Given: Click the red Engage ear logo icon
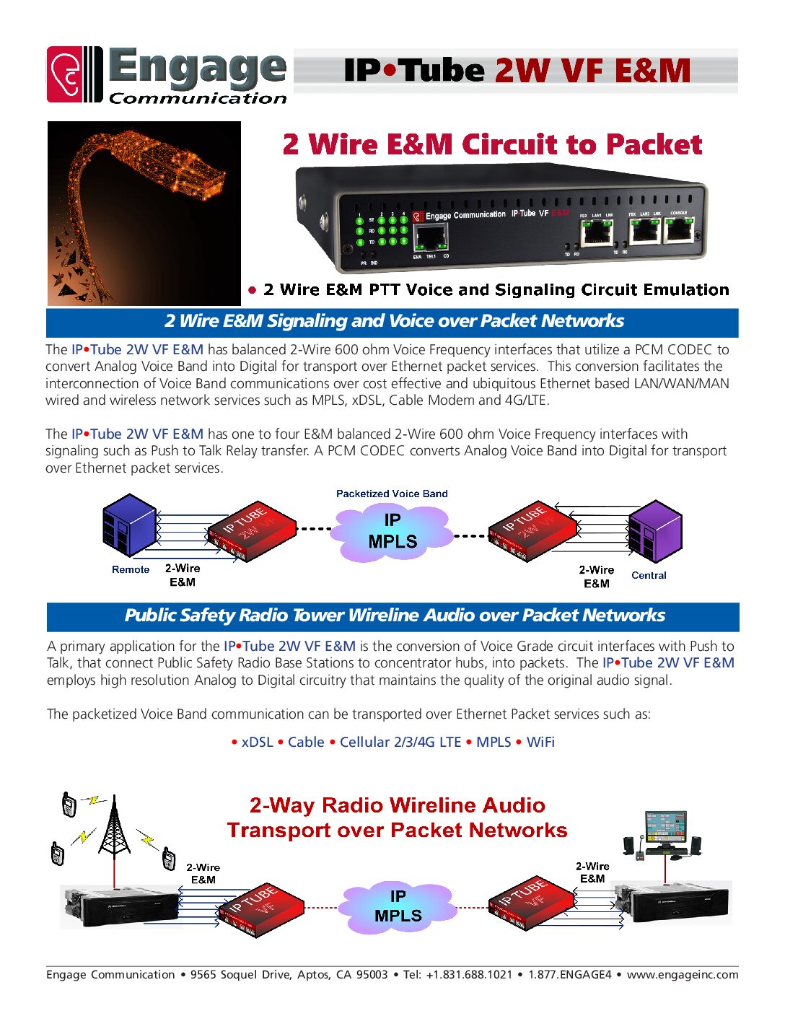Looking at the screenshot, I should [65, 74].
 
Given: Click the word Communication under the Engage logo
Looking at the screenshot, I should [198, 99].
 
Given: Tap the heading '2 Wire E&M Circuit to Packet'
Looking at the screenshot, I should [492, 144].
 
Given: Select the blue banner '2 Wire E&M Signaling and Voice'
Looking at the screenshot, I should [393, 322].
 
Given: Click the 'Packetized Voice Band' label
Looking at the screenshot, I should [392, 494].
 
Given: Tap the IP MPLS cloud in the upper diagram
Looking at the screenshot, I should [392, 532].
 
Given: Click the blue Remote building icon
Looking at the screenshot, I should [129, 525].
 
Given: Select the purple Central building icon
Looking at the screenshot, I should [654, 532].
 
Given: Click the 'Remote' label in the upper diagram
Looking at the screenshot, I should [131, 569].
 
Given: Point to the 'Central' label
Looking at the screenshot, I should [649, 575].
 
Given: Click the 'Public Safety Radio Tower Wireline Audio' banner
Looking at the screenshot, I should [394, 616].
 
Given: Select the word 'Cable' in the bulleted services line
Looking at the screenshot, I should [306, 742].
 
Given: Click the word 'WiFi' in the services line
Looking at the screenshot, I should [540, 742].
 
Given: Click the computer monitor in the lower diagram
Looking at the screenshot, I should [665, 828].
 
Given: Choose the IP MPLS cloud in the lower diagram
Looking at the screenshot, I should [398, 906].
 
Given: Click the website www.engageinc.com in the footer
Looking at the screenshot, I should [682, 974].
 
